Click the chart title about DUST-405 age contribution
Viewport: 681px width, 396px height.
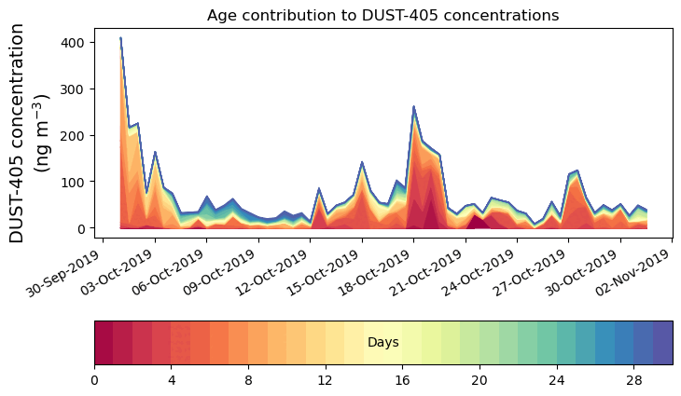click(x=382, y=15)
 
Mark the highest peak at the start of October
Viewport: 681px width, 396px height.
click(x=120, y=39)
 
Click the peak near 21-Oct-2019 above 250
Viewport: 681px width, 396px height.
click(x=413, y=107)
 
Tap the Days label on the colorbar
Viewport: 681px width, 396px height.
click(x=382, y=343)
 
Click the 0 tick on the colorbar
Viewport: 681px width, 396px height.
click(x=94, y=380)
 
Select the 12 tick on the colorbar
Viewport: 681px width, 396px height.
click(x=326, y=380)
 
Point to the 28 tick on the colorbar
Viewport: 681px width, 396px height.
click(x=634, y=380)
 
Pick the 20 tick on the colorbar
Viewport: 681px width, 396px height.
click(x=479, y=380)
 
